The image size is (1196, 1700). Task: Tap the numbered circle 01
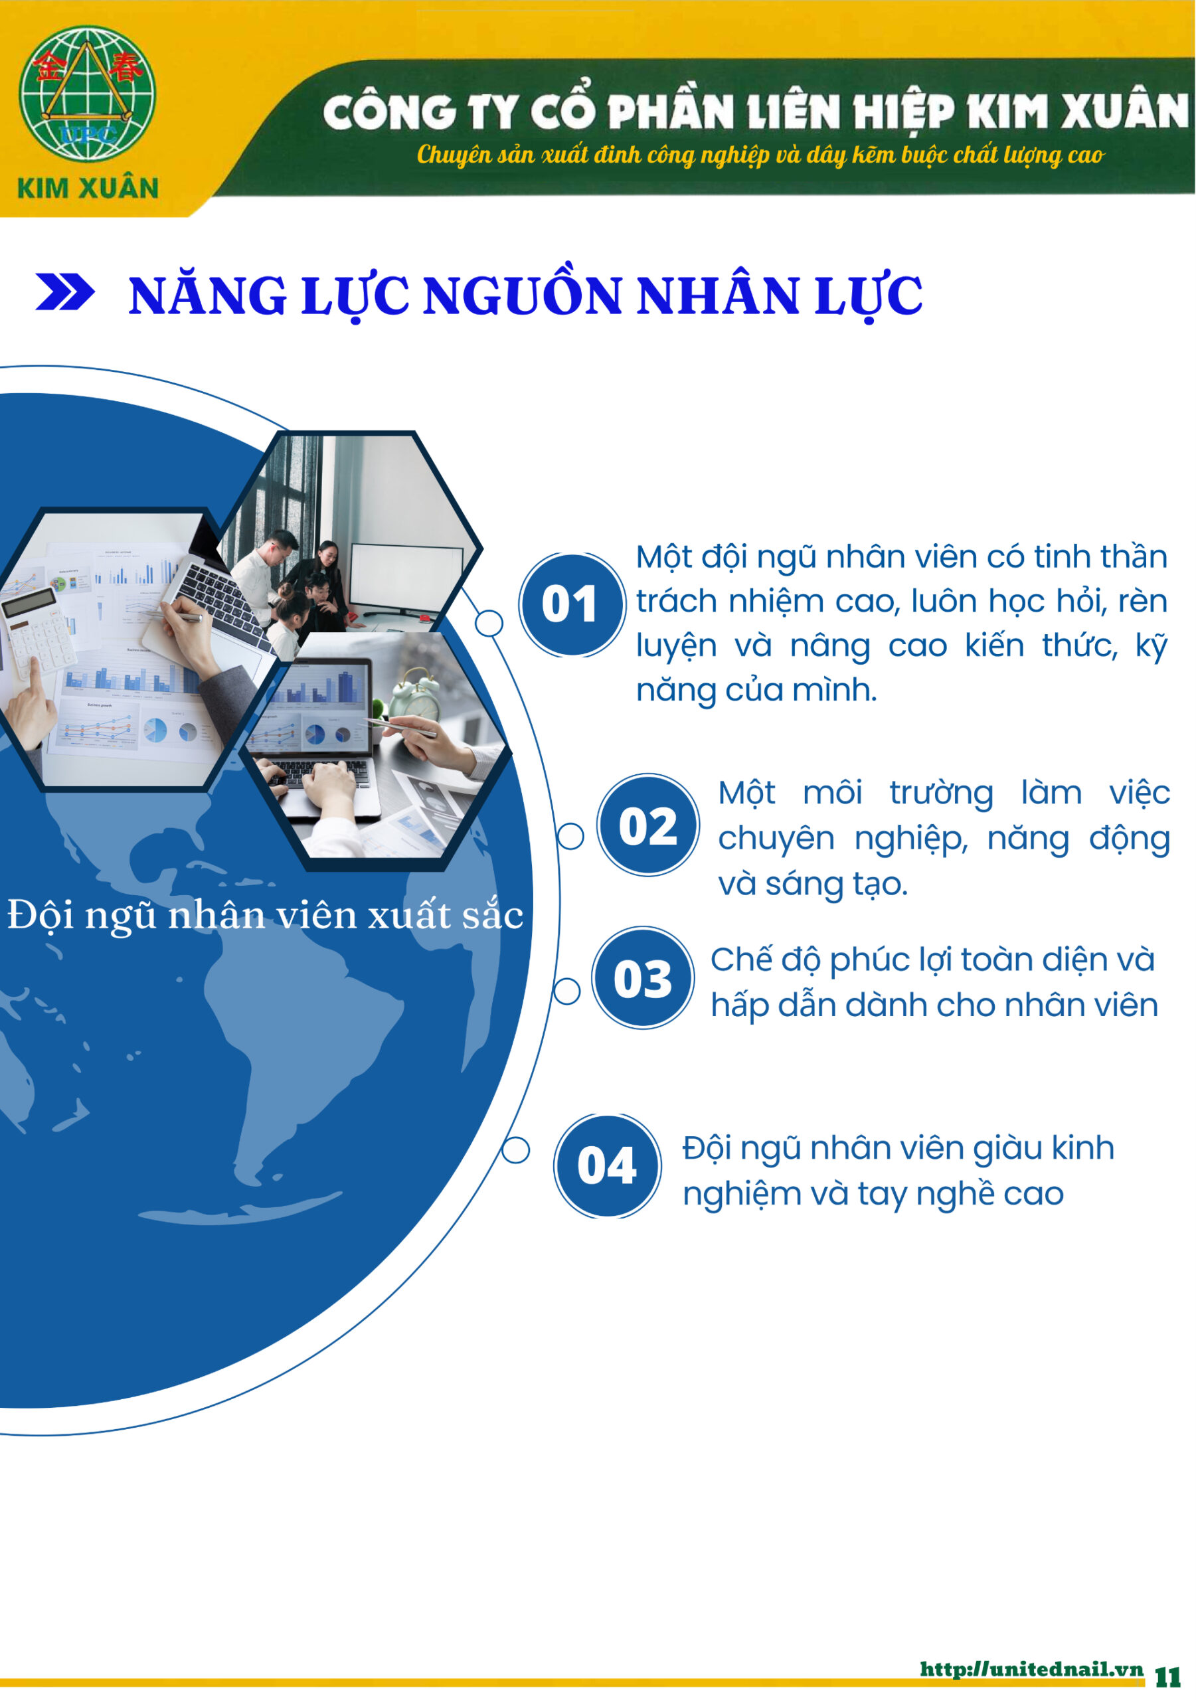pyautogui.click(x=571, y=605)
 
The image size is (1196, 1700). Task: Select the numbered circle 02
pyautogui.click(x=648, y=825)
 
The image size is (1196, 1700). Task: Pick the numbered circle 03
pyautogui.click(x=642, y=977)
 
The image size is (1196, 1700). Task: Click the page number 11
pyautogui.click(x=1168, y=1677)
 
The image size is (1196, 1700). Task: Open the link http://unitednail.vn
pyautogui.click(x=1031, y=1669)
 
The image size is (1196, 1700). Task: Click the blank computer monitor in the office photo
pyautogui.click(x=406, y=581)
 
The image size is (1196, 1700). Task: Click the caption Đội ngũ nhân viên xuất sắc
pyautogui.click(x=265, y=916)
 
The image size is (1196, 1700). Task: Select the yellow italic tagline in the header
pyautogui.click(x=760, y=155)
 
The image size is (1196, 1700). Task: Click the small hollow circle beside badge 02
pyautogui.click(x=570, y=837)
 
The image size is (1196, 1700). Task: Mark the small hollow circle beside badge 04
pyautogui.click(x=515, y=1150)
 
